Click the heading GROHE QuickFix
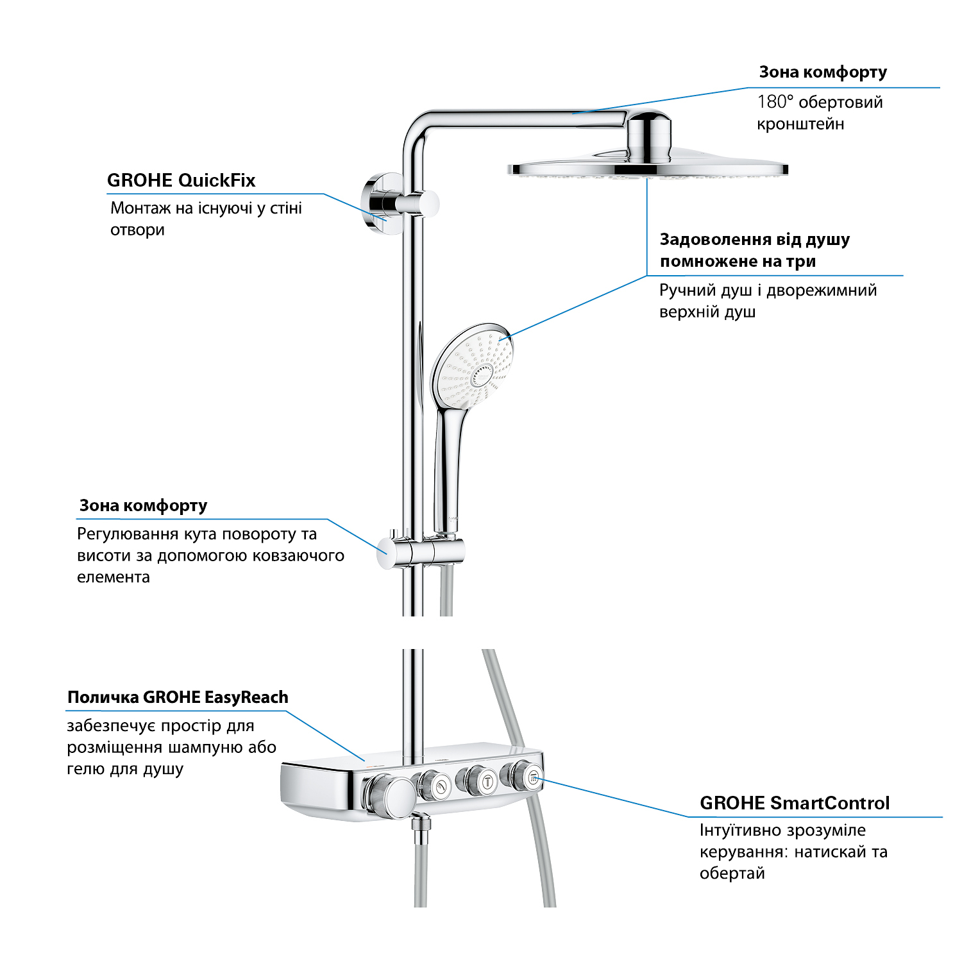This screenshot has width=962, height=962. click(x=181, y=180)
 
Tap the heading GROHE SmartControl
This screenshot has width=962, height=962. click(x=794, y=803)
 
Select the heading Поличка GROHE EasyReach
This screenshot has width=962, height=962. click(x=178, y=697)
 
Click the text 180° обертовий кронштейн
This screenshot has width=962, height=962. click(x=820, y=113)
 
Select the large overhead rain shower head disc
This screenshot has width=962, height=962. click(x=648, y=169)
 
